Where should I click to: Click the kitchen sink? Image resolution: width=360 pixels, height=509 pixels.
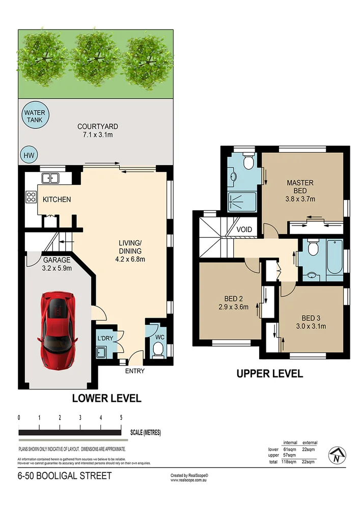49,178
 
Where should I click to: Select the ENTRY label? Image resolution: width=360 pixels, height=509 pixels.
135,371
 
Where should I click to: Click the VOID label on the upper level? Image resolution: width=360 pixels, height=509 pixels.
244,230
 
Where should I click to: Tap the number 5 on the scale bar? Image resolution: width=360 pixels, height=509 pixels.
121,417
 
